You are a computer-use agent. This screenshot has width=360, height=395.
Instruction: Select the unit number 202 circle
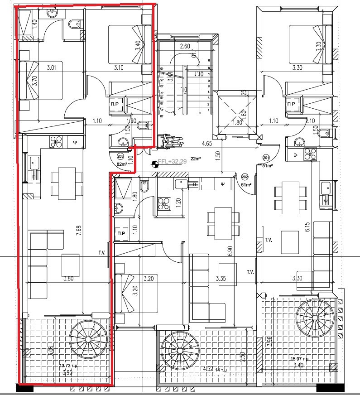click(245, 176)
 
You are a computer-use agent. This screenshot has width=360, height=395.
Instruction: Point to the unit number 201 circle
click(265, 158)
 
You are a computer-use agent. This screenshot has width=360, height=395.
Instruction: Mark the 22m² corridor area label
click(196, 159)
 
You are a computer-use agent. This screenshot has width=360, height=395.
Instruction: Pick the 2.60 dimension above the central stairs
click(184, 46)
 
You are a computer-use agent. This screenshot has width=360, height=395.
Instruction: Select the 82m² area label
click(121, 164)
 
